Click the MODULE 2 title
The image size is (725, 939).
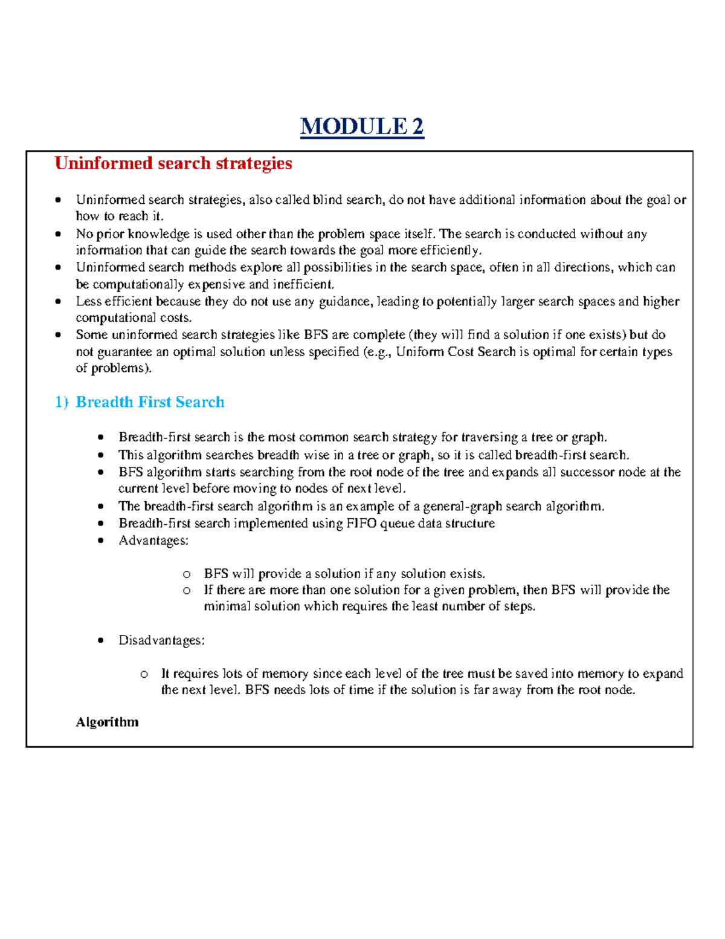pyautogui.click(x=362, y=126)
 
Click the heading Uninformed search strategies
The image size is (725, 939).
pyautogui.click(x=173, y=163)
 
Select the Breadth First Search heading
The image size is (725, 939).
pyautogui.click(x=150, y=402)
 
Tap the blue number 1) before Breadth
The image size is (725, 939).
pyautogui.click(x=62, y=402)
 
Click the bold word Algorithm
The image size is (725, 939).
pyautogui.click(x=107, y=722)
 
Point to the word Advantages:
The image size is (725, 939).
pyautogui.click(x=153, y=541)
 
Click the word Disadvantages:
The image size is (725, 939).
pyautogui.click(x=161, y=640)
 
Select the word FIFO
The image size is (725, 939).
pyautogui.click(x=361, y=524)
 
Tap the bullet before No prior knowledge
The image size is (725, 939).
pyautogui.click(x=58, y=234)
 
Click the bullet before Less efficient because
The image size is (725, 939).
pyautogui.click(x=58, y=301)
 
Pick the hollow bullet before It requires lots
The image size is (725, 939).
pyautogui.click(x=144, y=674)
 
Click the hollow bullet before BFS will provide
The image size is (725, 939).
pyautogui.click(x=187, y=574)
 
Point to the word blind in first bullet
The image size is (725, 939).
pyautogui.click(x=327, y=200)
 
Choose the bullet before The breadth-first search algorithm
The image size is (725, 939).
pyautogui.click(x=101, y=507)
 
